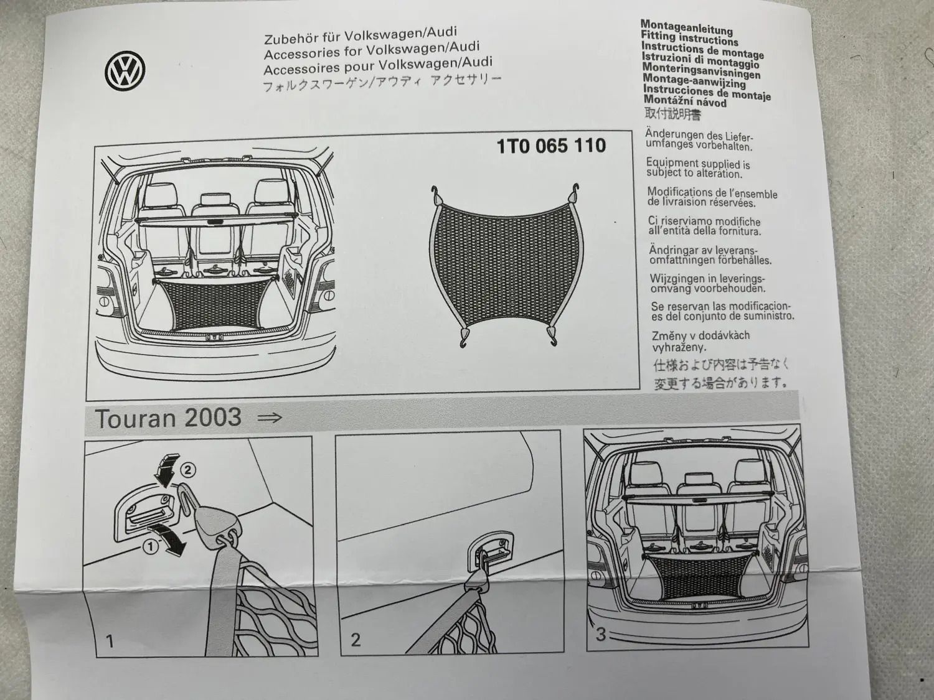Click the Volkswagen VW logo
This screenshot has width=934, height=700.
coord(125,72)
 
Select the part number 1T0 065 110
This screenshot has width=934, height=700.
coord(551,146)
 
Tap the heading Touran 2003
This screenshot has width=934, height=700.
coord(168,418)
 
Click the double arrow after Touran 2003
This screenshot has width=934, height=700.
coord(270,418)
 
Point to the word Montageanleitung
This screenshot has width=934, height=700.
coord(686,28)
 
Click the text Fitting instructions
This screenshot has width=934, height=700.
coord(689,39)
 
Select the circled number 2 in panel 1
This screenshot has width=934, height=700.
coord(189,470)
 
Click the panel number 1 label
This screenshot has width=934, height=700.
coord(110,641)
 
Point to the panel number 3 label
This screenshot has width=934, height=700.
coord(600,634)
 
